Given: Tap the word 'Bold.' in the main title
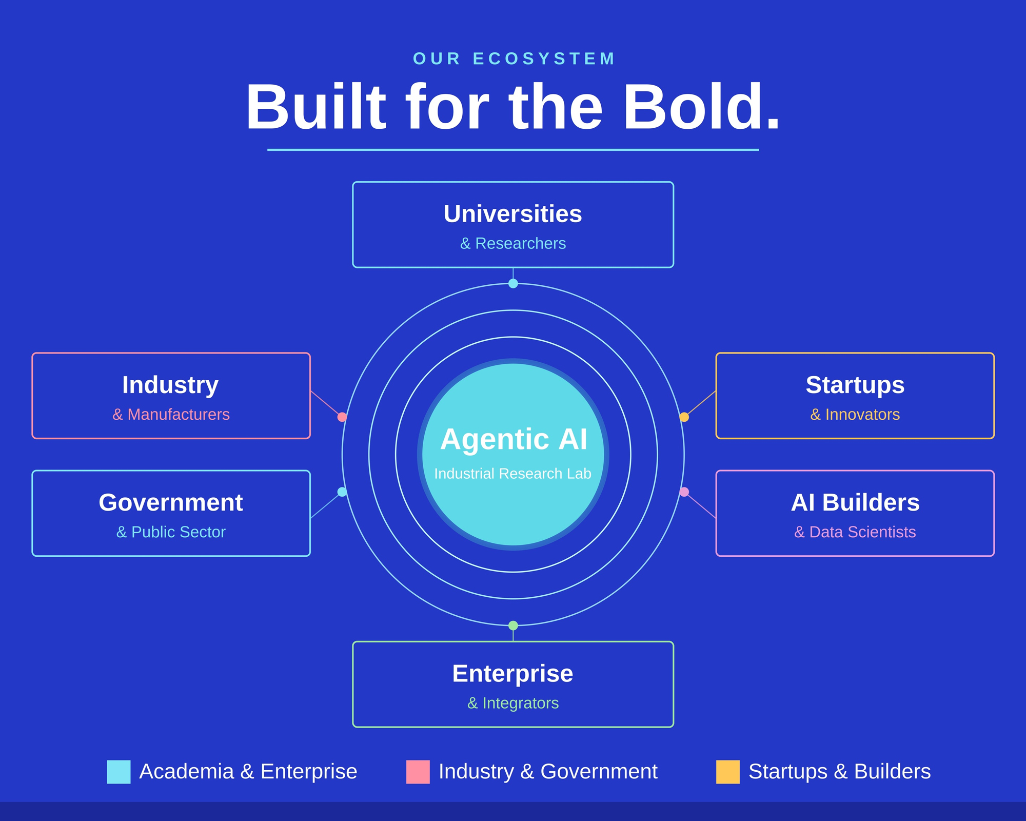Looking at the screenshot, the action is [x=701, y=107].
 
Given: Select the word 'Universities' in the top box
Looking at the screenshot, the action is [x=513, y=214].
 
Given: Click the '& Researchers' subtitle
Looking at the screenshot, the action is [x=513, y=243].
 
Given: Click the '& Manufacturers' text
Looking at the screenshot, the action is [x=171, y=414].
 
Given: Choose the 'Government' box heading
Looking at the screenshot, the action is [x=171, y=502].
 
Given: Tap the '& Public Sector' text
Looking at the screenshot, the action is [x=171, y=532].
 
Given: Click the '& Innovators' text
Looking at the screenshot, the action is [x=855, y=414].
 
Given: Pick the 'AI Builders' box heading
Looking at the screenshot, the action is [x=855, y=502].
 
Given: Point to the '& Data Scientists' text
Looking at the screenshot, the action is [x=855, y=532].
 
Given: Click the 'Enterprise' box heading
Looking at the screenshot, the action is [x=513, y=674].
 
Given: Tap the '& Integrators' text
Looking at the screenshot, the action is [x=513, y=703].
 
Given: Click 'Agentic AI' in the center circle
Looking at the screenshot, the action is [x=514, y=440].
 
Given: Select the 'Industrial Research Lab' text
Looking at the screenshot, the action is [x=513, y=474].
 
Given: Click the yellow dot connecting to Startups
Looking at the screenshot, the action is [x=684, y=417].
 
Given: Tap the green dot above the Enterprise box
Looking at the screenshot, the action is [x=513, y=625].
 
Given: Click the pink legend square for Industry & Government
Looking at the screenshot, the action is [x=418, y=772].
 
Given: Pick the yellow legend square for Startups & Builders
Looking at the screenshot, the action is [x=728, y=772].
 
